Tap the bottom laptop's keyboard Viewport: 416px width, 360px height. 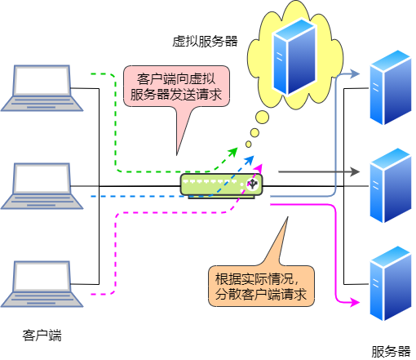[42, 299]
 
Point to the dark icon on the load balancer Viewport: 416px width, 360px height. [253, 185]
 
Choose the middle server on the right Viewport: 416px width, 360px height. [391, 184]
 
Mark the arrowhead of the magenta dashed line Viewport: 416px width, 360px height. [259, 167]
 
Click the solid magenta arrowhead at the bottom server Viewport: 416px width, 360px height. [355, 303]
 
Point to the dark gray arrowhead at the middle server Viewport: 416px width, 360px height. [355, 172]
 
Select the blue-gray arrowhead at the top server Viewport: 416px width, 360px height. [355, 74]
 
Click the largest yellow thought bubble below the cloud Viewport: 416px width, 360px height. [262, 118]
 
